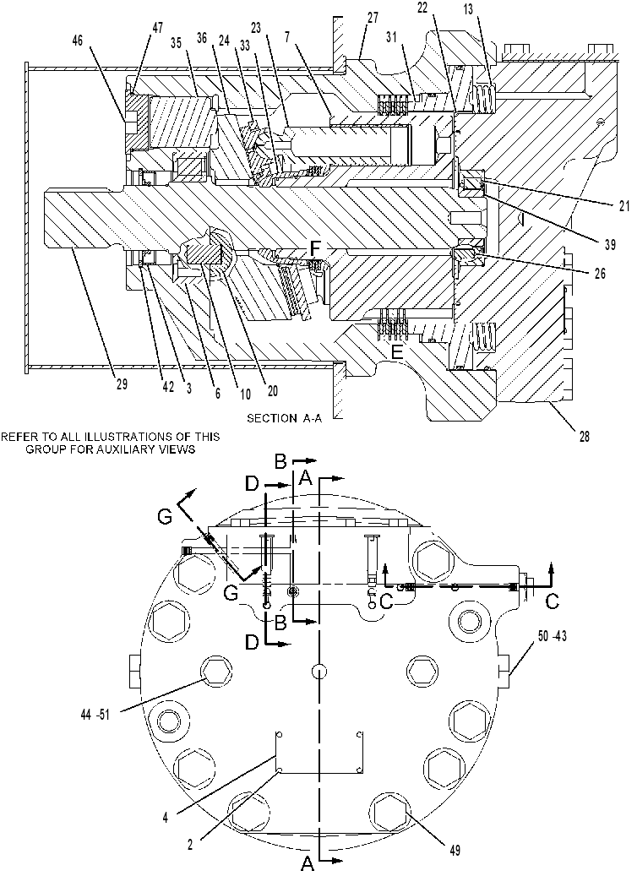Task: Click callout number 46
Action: point(79,41)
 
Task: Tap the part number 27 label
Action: point(373,19)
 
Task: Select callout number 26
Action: point(600,274)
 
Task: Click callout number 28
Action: point(584,437)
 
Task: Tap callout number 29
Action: point(122,384)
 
